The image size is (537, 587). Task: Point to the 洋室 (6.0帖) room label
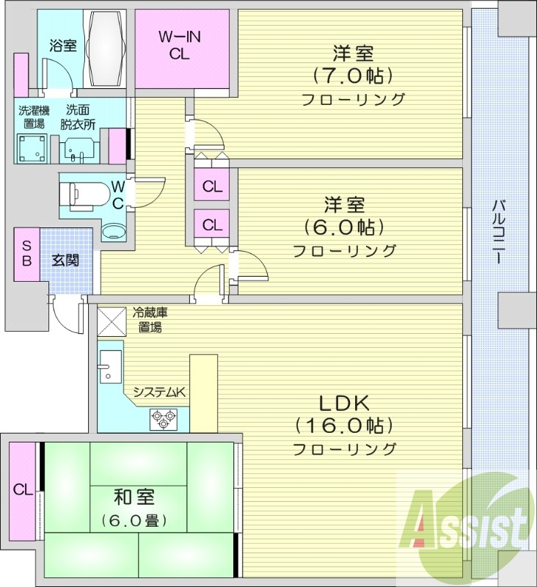[344, 225]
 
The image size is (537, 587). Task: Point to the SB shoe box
[26, 253]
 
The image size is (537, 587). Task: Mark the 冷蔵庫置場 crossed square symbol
[112, 320]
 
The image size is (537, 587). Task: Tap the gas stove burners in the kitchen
[162, 419]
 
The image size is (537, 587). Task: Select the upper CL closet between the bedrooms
[212, 186]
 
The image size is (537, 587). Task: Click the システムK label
[159, 393]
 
